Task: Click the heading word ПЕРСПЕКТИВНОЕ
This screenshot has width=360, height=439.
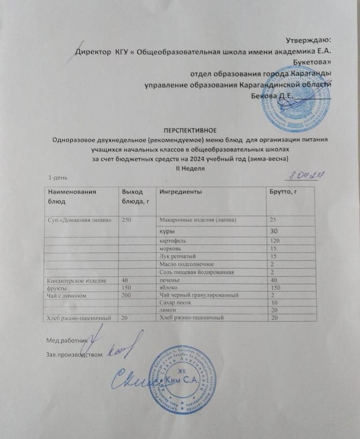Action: [191, 130]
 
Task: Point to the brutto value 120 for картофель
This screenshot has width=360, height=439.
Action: [275, 241]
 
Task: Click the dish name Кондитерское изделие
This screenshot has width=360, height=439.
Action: [76, 281]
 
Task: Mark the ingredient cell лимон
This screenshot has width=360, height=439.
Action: [167, 311]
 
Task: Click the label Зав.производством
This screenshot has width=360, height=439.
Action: [71, 354]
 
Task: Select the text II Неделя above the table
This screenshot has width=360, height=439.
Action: [191, 168]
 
